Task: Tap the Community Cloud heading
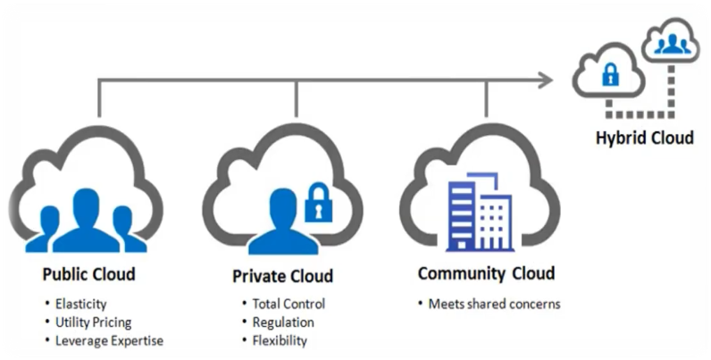(x=486, y=272)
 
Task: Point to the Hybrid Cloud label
(x=644, y=138)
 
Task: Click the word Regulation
(x=283, y=322)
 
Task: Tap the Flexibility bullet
(x=280, y=340)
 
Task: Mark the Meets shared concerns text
(x=494, y=304)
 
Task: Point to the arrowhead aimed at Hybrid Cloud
(x=546, y=81)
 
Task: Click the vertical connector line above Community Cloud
(x=487, y=99)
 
